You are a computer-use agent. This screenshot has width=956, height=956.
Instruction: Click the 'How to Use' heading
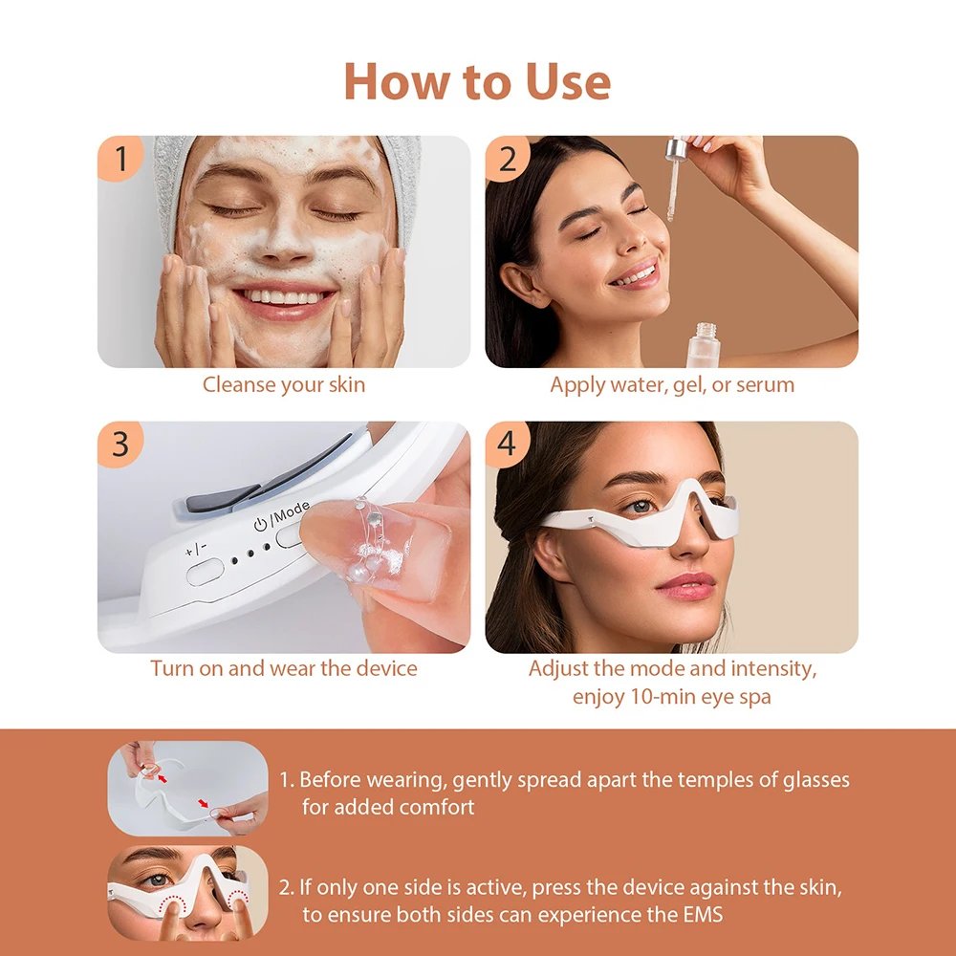[477, 81]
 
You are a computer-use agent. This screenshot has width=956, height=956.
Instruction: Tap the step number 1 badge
[120, 159]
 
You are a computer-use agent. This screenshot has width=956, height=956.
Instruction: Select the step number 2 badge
[508, 159]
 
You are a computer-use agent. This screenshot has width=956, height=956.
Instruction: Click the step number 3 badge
[120, 445]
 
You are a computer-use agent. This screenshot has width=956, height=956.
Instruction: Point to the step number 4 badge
[508, 445]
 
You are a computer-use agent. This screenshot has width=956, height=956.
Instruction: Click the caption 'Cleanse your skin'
[283, 385]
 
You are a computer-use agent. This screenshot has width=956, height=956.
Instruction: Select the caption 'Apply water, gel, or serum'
[671, 385]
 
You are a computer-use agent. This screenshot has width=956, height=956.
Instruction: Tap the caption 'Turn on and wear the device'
[283, 668]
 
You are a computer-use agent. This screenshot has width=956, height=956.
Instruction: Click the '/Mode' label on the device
[288, 520]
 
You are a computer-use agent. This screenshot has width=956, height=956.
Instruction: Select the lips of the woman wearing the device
[685, 584]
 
